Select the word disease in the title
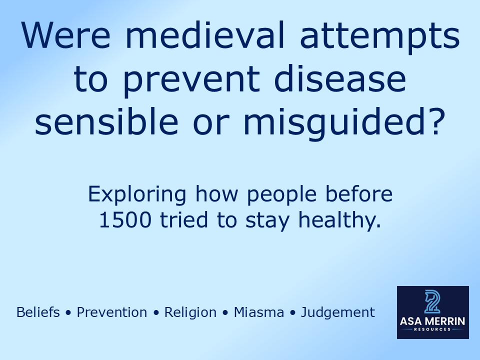coord(340,80)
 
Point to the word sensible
coord(106,122)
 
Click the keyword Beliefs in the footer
coord(38,312)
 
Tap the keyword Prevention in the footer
coord(112,312)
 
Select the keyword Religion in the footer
coord(190,312)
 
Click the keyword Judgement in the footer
coord(338,312)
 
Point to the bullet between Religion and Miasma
coord(225,313)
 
